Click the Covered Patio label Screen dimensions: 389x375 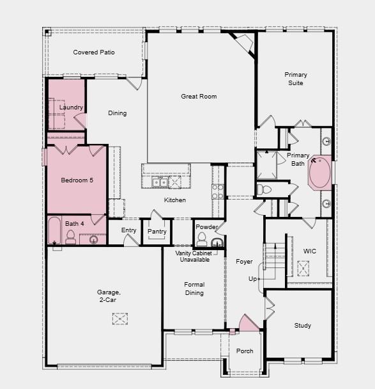point(94,52)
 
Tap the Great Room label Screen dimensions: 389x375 point(199,97)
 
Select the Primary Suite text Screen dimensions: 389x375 point(295,79)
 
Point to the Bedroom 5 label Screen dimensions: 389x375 point(77,180)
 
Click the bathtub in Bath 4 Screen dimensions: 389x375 point(54,230)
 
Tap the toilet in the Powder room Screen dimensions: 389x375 point(202,240)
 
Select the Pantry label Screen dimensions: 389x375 point(157,232)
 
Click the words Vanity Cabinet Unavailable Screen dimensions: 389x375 point(194,257)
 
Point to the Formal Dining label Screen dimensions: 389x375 point(194,289)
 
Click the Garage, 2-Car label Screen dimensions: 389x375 point(109,296)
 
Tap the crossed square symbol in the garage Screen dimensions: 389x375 point(119,319)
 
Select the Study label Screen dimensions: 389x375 point(303,326)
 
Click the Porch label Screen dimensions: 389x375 point(245,351)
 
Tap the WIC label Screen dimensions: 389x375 point(310,251)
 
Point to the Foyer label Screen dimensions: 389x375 point(244,262)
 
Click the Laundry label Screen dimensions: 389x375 point(71,107)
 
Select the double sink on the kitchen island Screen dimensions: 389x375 point(160,183)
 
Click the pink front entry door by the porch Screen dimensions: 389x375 point(248,324)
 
